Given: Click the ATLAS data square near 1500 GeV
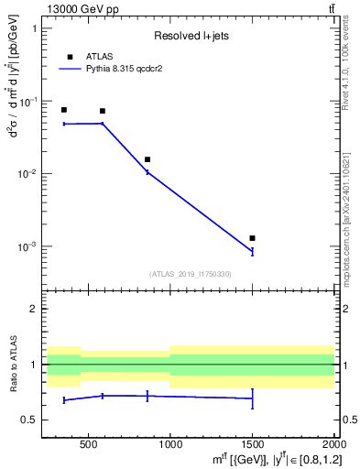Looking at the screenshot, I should tap(252, 238).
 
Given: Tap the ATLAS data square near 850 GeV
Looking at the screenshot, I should tap(147, 159).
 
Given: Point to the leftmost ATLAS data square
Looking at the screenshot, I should tap(63, 110).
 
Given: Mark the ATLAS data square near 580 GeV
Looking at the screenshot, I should tap(102, 111).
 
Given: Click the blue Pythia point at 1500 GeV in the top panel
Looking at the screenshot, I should tap(252, 251).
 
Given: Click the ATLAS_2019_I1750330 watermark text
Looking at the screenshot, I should tap(190, 274).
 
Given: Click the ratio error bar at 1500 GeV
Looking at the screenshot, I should tap(252, 398).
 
